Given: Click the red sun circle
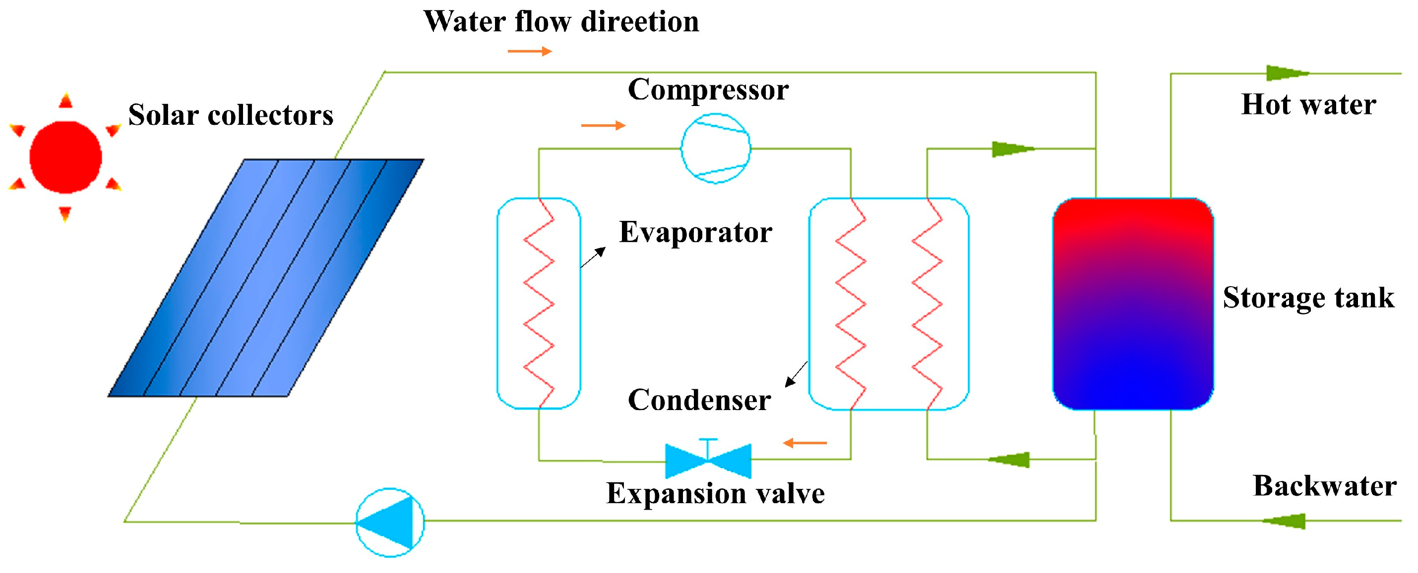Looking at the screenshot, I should coord(65,157).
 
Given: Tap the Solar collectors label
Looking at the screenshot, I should coord(231,115).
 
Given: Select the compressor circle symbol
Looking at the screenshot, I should coord(716,149).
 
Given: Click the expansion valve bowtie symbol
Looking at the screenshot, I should coord(708,461).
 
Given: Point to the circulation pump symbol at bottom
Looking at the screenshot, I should coord(390,522).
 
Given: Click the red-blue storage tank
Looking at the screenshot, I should coord(1133,304).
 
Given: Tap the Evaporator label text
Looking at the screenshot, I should coord(695,233).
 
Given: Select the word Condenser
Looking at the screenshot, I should coord(699,400).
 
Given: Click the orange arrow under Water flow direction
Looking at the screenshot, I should coord(530,52).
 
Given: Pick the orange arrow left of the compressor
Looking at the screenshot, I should coord(603,126).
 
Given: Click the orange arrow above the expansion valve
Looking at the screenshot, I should coord(805,443).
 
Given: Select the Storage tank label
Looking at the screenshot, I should coord(1308,298).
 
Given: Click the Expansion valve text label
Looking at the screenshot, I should coord(715,493).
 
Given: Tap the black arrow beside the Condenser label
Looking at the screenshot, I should coord(796,374).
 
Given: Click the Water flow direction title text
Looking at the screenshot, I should coord(561,22).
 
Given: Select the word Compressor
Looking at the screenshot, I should coord(708,90).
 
